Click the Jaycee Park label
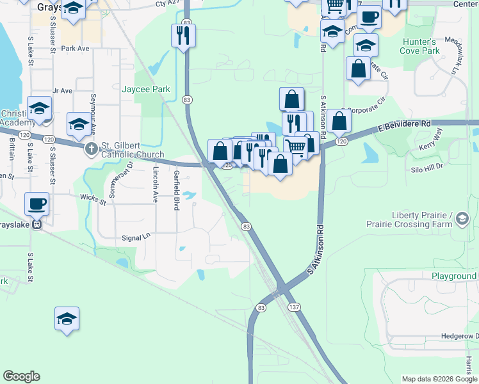146,89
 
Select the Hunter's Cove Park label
420,45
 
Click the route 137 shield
294,308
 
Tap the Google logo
21,376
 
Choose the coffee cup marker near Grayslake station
37,204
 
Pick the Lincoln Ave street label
156,184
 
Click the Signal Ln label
134,236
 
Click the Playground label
453,276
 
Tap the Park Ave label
74,48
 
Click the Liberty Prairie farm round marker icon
461,220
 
